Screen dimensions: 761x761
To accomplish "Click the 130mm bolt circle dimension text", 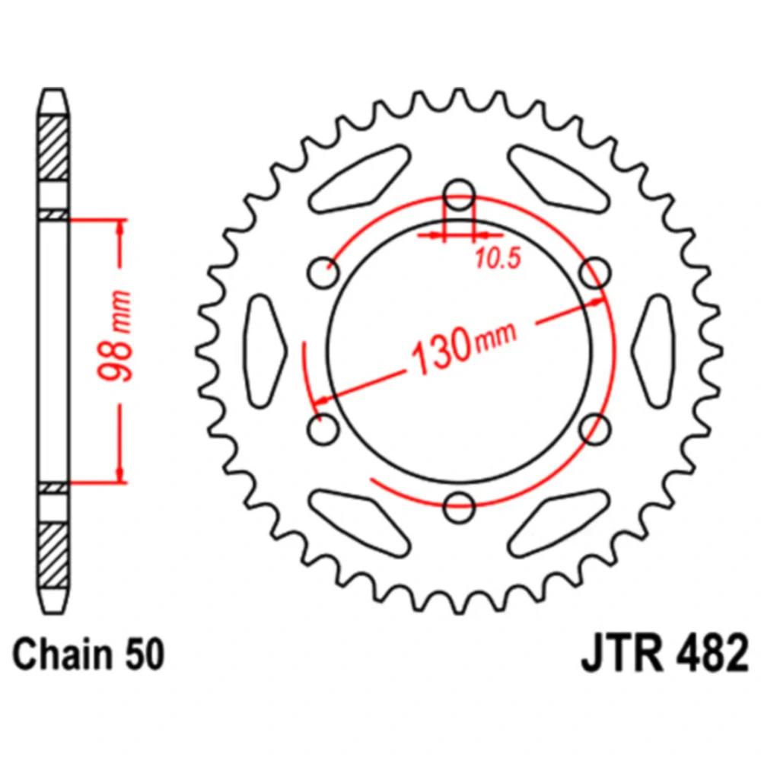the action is point(463,345).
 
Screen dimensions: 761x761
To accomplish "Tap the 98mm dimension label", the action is point(116,336).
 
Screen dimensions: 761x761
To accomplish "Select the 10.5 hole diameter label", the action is point(498,259).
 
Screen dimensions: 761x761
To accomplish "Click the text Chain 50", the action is point(88,654).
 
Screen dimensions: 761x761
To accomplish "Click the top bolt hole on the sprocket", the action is point(459,193).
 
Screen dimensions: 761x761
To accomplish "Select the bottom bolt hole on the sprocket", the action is point(459,507).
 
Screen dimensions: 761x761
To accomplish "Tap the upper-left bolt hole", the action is point(323,272).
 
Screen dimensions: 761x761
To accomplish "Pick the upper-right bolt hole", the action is point(595,272).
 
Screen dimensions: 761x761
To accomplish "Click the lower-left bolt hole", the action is point(323,429).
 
